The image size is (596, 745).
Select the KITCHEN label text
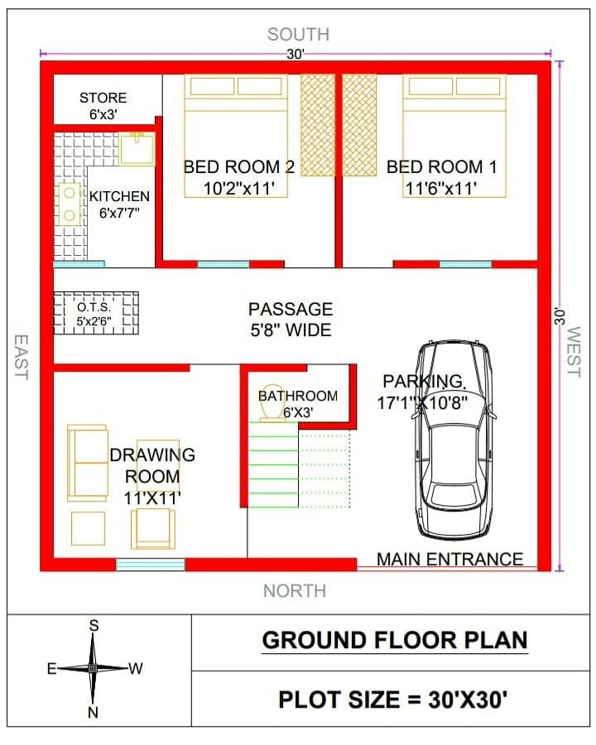(x=120, y=196)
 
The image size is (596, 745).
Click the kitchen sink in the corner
(x=137, y=149)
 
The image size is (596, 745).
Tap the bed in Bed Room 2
(x=237, y=124)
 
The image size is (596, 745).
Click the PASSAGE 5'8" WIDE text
(x=291, y=320)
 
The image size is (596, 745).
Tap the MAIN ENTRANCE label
(x=449, y=560)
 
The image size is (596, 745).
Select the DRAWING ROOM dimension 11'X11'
(x=152, y=497)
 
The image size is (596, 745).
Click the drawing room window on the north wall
(x=150, y=565)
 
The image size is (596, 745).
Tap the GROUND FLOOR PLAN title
(x=394, y=640)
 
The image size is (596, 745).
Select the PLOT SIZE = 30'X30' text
(x=392, y=699)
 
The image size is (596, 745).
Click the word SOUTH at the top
(x=298, y=34)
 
